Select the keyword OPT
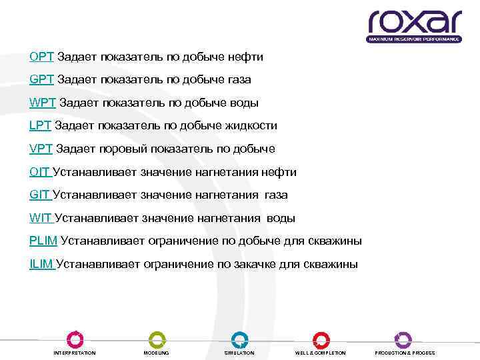41,57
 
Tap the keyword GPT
41,80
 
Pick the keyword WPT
43,103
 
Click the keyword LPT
40,126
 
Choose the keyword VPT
41,149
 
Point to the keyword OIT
39,172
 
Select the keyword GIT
39,195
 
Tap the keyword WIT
41,218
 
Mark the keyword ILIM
41,264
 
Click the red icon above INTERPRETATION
75,339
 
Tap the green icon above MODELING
157,339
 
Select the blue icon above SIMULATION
239,339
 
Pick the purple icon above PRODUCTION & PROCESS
403,339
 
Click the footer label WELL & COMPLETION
321,353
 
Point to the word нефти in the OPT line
247,57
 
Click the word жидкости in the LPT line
253,126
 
